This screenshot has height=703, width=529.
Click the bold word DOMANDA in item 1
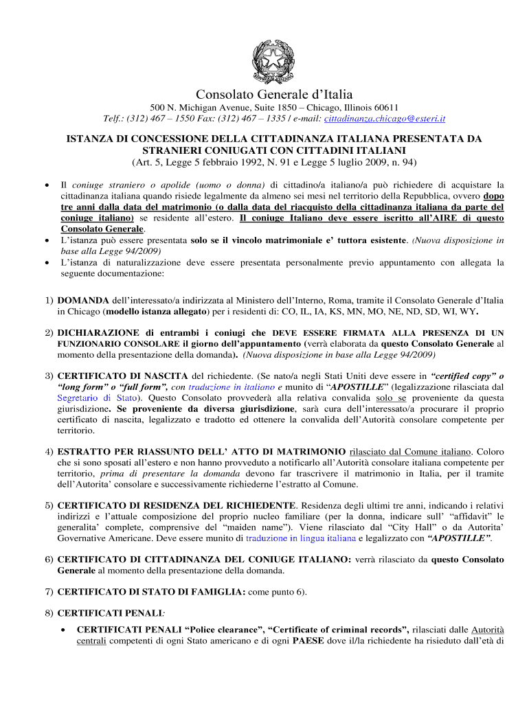tap(82, 300)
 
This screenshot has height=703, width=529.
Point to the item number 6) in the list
tap(49, 560)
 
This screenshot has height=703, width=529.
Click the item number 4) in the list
tap(49, 452)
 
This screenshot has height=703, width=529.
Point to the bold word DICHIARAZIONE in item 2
tap(98, 332)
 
